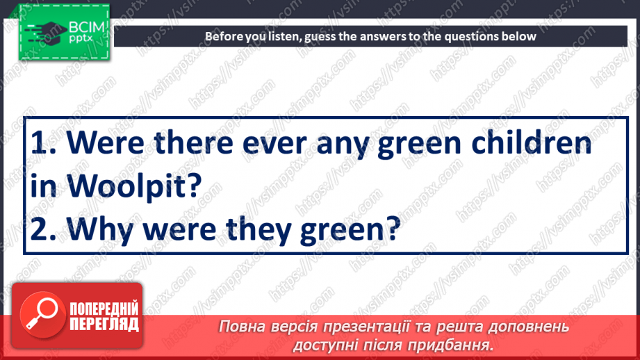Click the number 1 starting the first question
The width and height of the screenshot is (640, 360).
tap(40, 143)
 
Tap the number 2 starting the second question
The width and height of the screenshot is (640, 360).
tap(40, 229)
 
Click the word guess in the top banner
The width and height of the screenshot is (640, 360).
tap(321, 36)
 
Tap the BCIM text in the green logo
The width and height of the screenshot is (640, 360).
tap(85, 28)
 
